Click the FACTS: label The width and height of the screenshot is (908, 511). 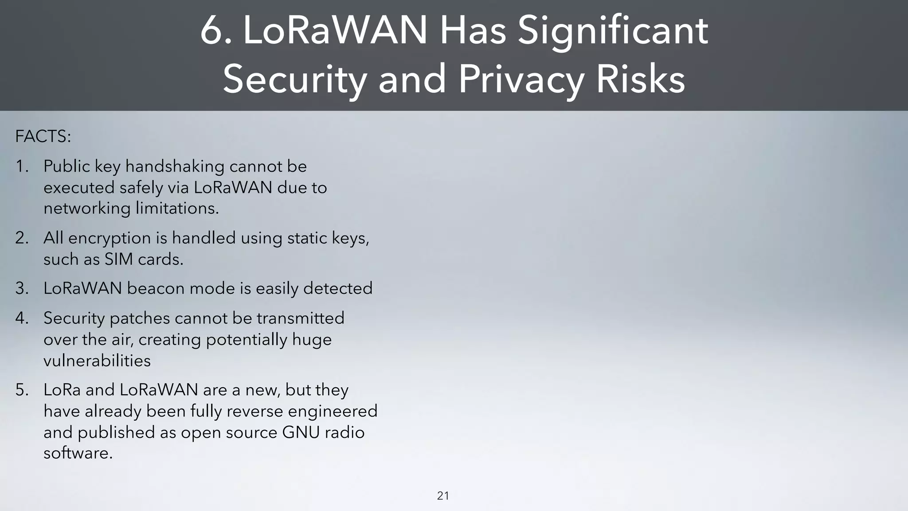click(43, 137)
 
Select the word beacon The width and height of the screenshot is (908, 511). click(156, 289)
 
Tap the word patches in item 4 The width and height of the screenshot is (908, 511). click(140, 318)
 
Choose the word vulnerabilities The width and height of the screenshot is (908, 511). click(97, 361)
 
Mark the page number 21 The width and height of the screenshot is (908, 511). click(443, 496)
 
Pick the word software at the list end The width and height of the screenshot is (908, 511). click(78, 453)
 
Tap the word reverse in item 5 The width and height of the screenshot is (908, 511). click(258, 411)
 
